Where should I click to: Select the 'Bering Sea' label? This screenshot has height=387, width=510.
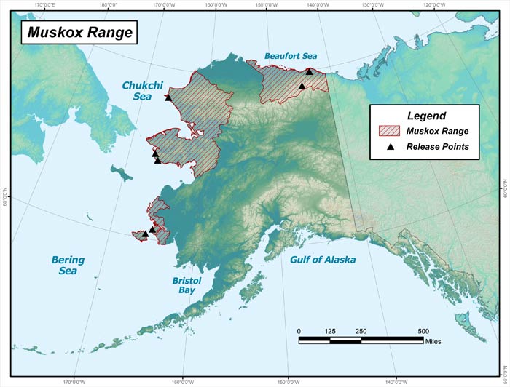coord(68,266)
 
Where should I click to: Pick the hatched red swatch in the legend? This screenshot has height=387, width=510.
coord(391,132)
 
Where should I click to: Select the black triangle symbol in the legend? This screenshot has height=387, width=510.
coord(391,147)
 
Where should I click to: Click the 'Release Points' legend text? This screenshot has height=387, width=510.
coord(437,147)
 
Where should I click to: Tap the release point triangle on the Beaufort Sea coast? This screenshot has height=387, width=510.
coord(309,71)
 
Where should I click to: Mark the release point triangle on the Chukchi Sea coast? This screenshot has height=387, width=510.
coord(168,97)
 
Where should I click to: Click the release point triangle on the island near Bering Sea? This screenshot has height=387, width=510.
coord(144,234)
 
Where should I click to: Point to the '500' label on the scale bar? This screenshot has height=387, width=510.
coord(423,331)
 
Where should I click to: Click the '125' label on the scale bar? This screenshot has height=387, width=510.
coord(330,331)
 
